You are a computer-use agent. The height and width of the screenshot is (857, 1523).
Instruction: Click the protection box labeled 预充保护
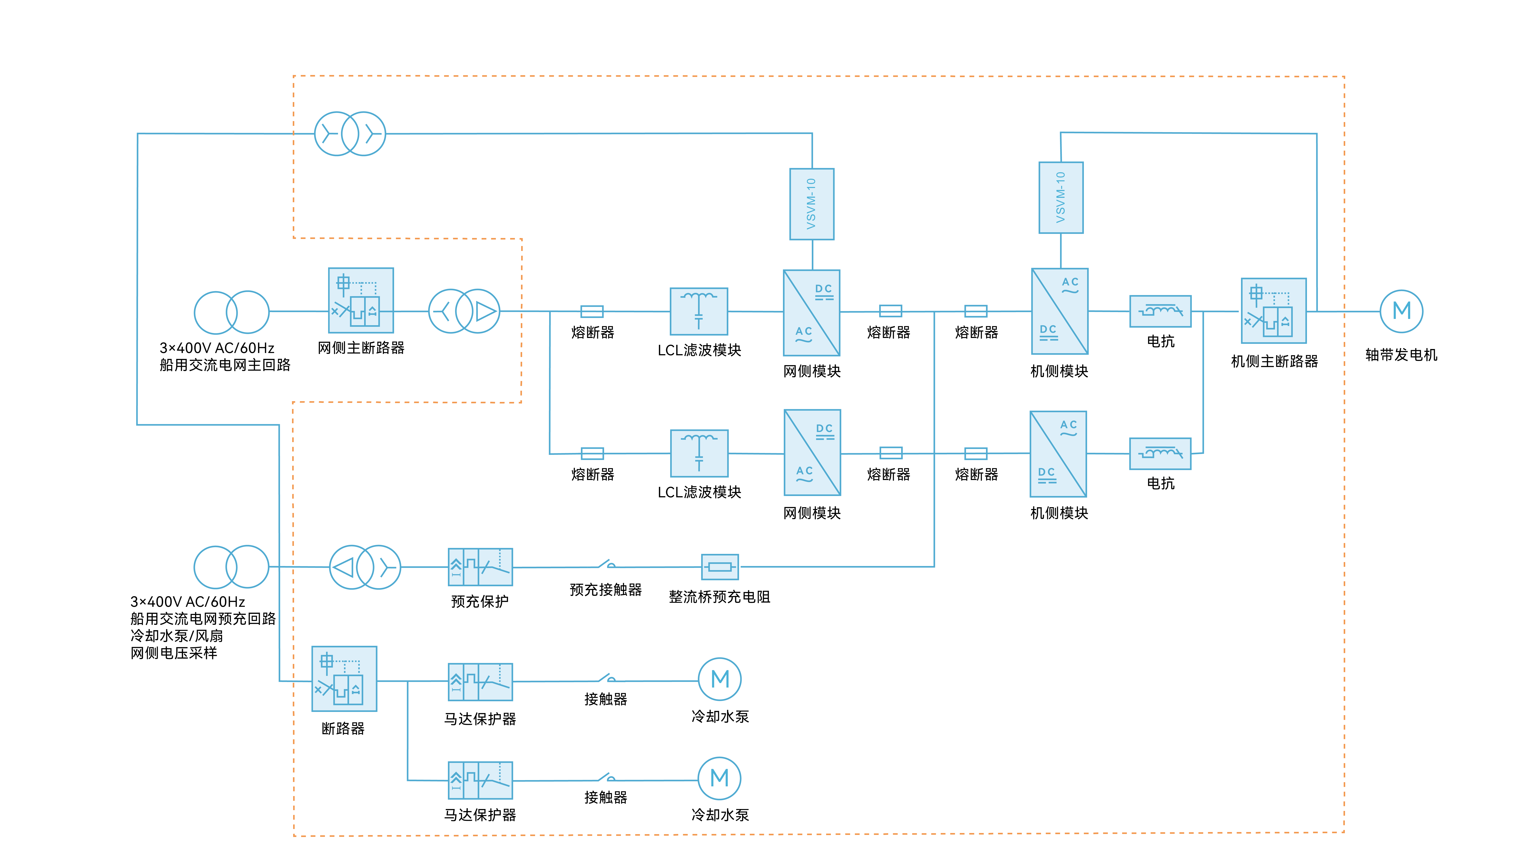(480, 567)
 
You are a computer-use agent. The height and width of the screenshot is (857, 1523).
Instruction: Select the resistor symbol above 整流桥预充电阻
(720, 567)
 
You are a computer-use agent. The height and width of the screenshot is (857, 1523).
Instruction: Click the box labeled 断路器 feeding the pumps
(344, 678)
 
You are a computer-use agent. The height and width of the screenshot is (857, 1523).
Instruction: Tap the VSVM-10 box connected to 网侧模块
(812, 204)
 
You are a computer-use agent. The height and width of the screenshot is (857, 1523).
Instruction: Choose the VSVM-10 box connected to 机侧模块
(1061, 197)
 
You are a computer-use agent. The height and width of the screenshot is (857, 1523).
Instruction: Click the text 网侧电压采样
(174, 653)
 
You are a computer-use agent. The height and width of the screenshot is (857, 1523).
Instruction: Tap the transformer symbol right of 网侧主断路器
(464, 311)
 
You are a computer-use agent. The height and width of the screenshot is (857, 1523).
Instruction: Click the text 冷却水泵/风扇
(177, 636)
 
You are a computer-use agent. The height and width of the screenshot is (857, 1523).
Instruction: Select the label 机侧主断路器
(1274, 361)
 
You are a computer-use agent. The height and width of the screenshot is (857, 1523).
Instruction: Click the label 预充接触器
(606, 590)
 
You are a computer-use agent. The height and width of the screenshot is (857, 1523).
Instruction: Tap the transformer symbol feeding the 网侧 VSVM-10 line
(350, 134)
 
